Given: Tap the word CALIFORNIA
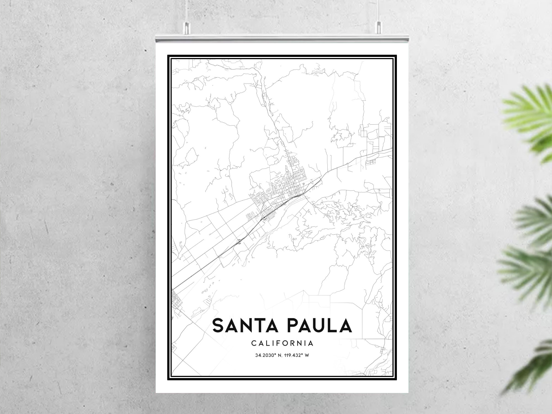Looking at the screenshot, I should click(x=282, y=343).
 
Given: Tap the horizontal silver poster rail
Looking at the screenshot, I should click(x=282, y=39).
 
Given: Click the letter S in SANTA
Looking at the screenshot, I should click(x=218, y=325).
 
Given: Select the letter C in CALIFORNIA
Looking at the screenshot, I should click(x=254, y=343).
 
